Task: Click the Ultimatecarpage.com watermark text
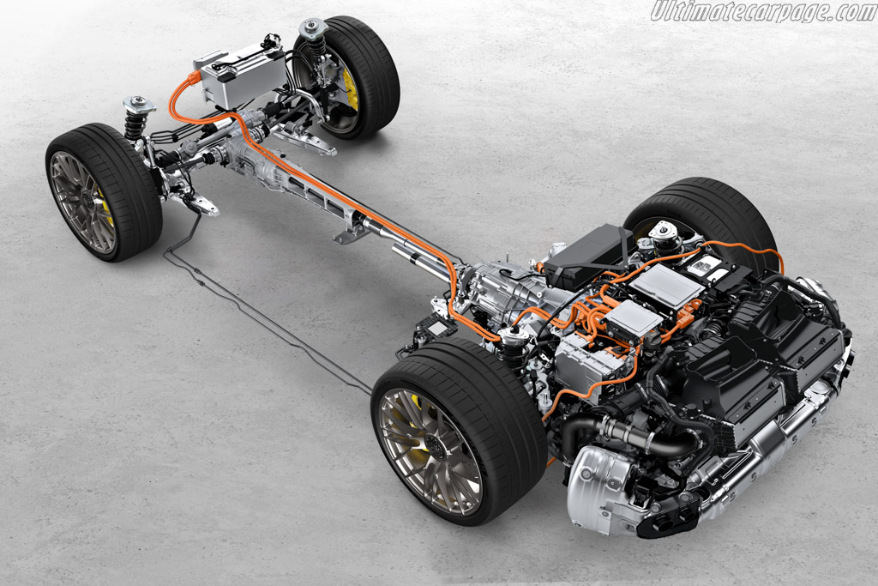(763, 11)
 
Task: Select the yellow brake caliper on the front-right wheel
(351, 89)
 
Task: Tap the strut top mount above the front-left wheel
(140, 104)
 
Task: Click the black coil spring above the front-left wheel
(135, 124)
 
